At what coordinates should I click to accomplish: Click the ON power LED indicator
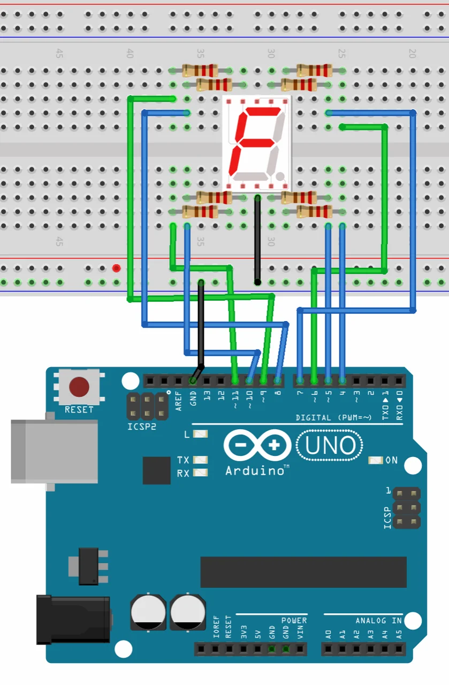pos(376,460)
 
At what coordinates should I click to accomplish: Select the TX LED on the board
pos(200,460)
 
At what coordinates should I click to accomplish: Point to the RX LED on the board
pos(200,473)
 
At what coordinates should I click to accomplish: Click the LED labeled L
pos(200,434)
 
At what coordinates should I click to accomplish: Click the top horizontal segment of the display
pos(262,110)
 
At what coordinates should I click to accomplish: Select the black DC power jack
pos(72,619)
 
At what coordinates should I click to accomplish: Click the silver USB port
pos(54,451)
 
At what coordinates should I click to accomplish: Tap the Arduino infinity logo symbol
pos(257,445)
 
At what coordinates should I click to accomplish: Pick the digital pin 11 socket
pos(235,381)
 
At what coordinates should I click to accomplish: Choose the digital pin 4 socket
pos(343,381)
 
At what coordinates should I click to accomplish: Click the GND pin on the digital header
pos(193,381)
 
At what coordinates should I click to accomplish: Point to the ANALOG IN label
pos(378,620)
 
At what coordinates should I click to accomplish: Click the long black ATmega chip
pos(303,572)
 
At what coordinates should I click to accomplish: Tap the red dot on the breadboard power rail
pos(116,268)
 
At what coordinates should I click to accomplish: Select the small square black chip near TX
pos(156,470)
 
